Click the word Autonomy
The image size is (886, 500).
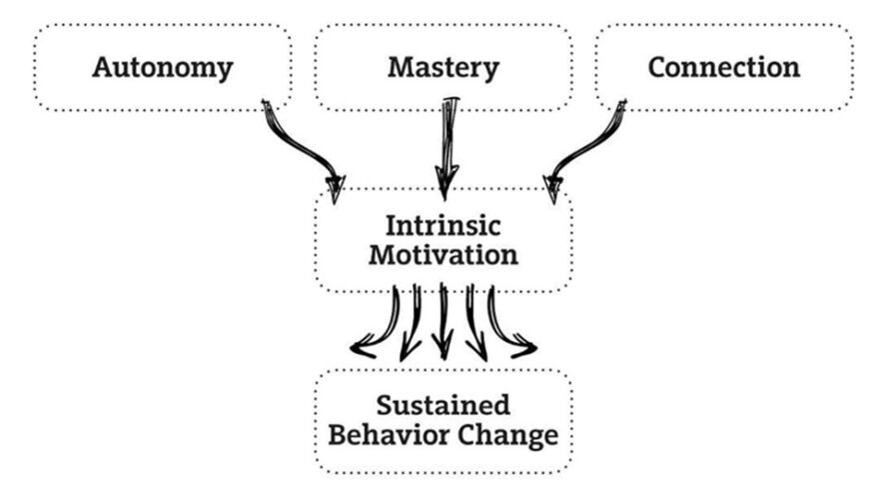(x=162, y=68)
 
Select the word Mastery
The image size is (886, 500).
(x=443, y=68)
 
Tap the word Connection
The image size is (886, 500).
(x=723, y=68)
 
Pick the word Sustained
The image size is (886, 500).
(x=443, y=405)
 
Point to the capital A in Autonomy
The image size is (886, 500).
(x=102, y=68)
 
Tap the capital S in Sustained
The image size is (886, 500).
(x=384, y=405)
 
